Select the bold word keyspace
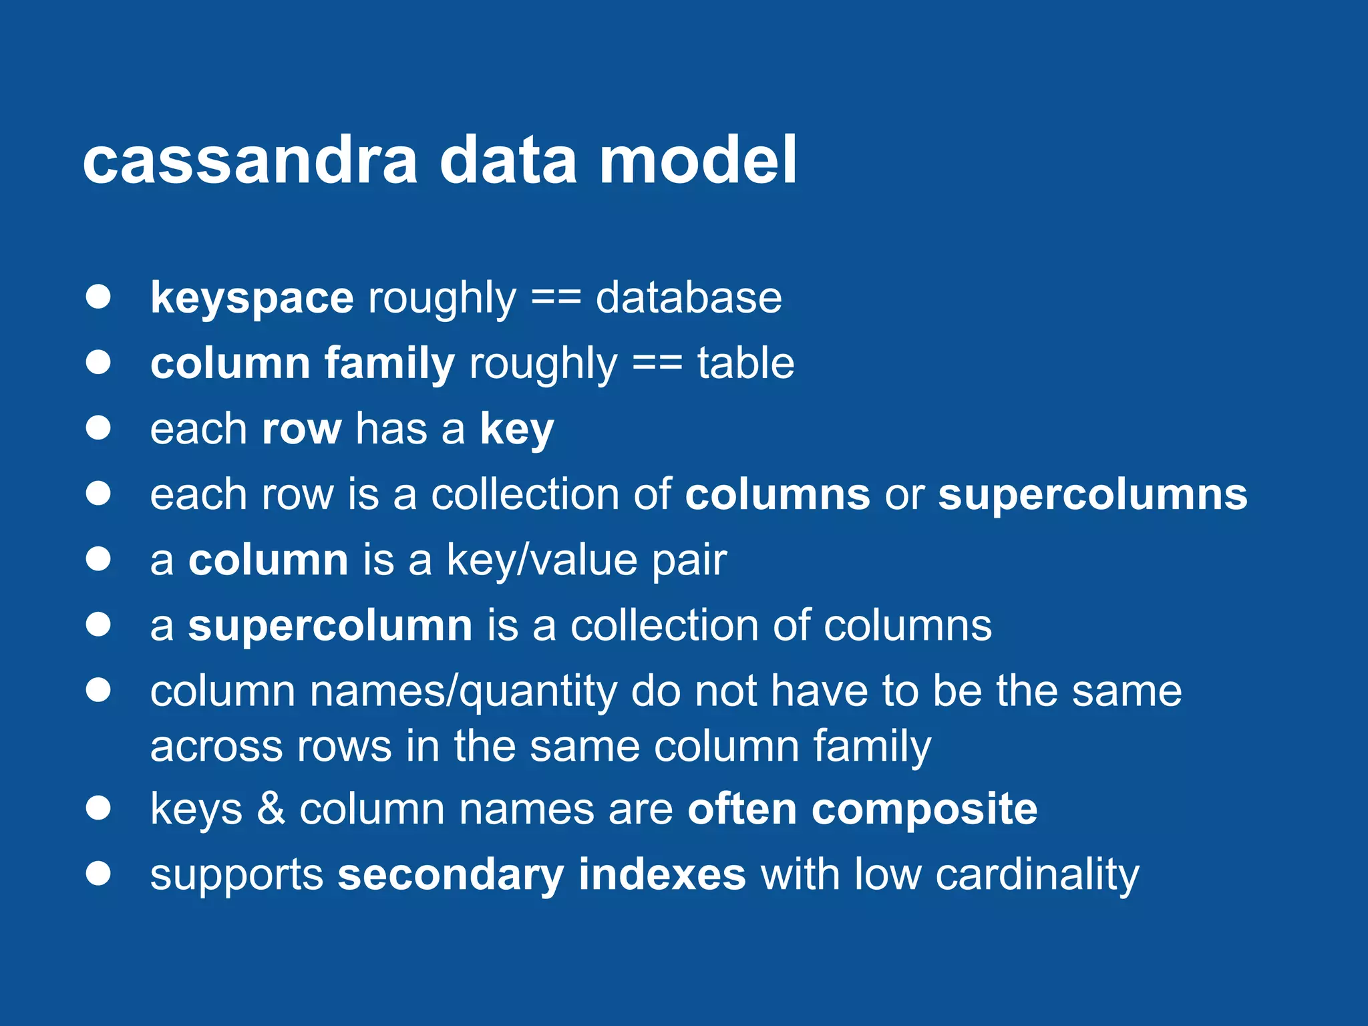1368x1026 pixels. click(252, 298)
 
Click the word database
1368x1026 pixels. click(688, 298)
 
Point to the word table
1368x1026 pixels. click(745, 363)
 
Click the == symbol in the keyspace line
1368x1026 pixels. click(556, 298)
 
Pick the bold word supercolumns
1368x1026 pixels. click(1092, 494)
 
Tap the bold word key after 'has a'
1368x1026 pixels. click(516, 429)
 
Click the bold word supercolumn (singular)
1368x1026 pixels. click(330, 625)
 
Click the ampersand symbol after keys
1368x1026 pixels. click(271, 809)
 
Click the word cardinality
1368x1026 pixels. click(1037, 874)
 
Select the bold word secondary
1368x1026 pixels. click(450, 874)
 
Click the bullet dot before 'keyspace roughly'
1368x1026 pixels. click(98, 297)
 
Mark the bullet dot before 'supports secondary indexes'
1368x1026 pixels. click(98, 873)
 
